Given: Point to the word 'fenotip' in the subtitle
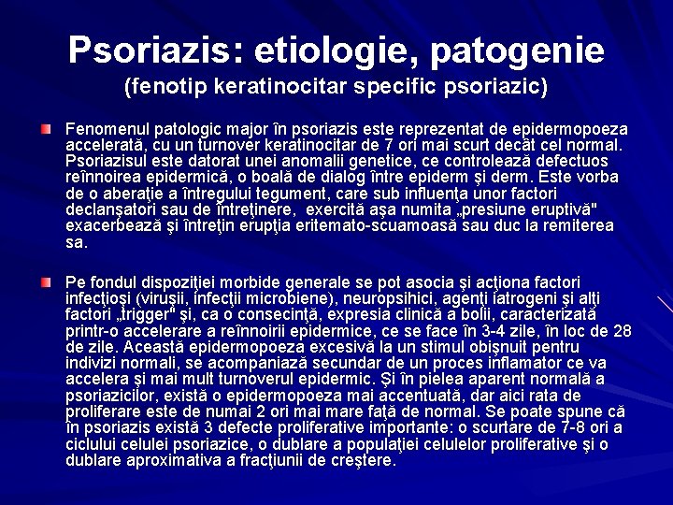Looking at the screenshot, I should [x=172, y=90].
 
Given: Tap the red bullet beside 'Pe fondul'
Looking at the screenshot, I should [x=46, y=281].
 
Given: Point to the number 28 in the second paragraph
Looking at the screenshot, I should [x=622, y=330].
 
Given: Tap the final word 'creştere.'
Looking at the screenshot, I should [x=365, y=459].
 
